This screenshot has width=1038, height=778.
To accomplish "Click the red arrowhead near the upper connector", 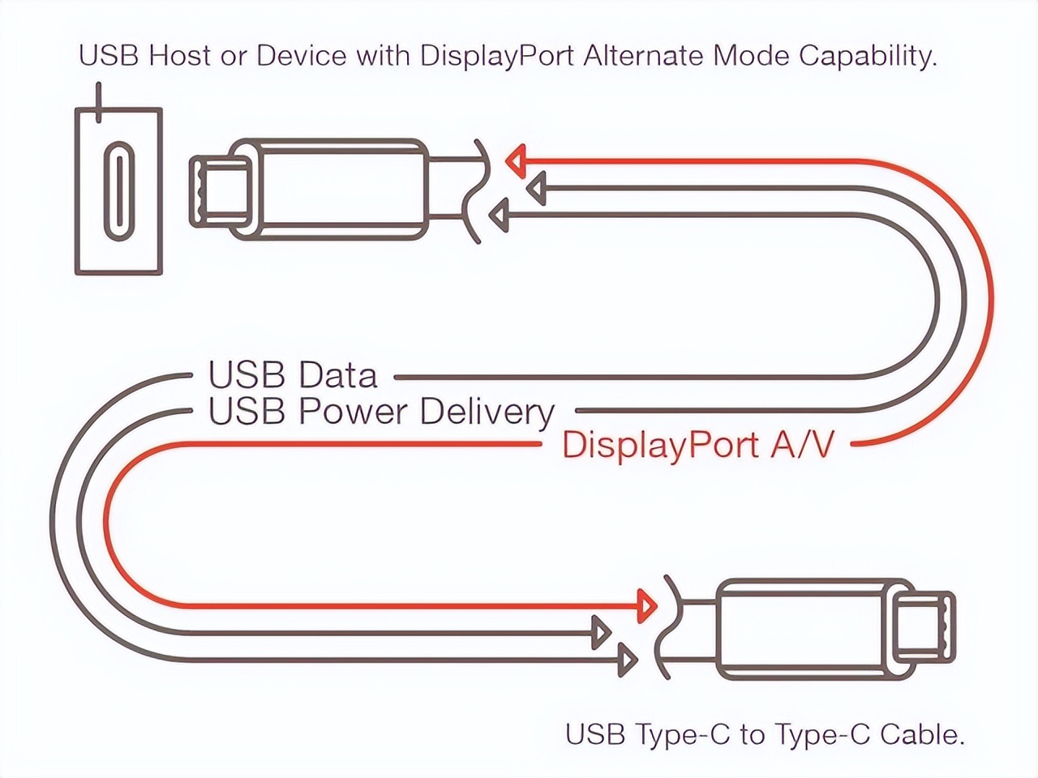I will [516, 161].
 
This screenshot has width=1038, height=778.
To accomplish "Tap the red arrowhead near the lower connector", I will [646, 605].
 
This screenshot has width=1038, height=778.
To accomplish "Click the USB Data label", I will [293, 375].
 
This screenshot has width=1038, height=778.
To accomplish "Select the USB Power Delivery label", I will [381, 412].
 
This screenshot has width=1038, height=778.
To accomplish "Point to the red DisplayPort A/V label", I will [697, 445].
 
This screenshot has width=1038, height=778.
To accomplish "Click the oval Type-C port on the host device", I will [120, 191].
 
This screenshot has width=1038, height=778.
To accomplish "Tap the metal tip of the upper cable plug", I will [219, 190].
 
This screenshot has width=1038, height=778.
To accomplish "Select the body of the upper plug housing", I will [341, 190].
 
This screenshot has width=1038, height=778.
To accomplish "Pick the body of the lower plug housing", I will [803, 629].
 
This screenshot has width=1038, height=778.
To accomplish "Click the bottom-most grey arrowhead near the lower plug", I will [627, 660].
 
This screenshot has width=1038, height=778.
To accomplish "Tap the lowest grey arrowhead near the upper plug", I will [499, 216].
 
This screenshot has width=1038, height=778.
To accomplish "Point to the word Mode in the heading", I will [752, 56].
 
